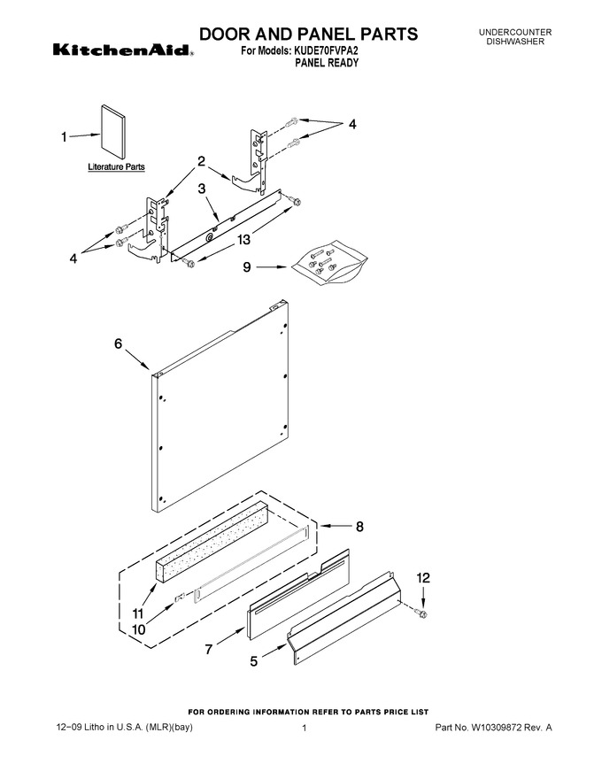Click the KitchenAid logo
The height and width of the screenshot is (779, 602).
pos(123,50)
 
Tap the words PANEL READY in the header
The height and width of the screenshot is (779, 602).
pos(327,63)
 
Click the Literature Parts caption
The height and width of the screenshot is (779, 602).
pos(116,167)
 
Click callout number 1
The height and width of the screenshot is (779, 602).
pos(64,136)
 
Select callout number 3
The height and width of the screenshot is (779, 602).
pos(202,189)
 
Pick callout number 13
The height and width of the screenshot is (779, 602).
pos(243,240)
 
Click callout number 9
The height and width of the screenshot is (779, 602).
pos(247,267)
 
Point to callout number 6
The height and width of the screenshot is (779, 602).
pos(119,343)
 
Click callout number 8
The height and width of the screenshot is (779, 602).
pos(359,526)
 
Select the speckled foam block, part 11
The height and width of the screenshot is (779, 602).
pos(212,542)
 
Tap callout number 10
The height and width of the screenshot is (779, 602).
pos(139,629)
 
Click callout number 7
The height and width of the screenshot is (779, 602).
pos(209,649)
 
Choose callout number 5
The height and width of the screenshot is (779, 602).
pos(254,661)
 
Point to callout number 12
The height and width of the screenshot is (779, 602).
pos(423,578)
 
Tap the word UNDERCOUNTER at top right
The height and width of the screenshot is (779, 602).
pos(515,32)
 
